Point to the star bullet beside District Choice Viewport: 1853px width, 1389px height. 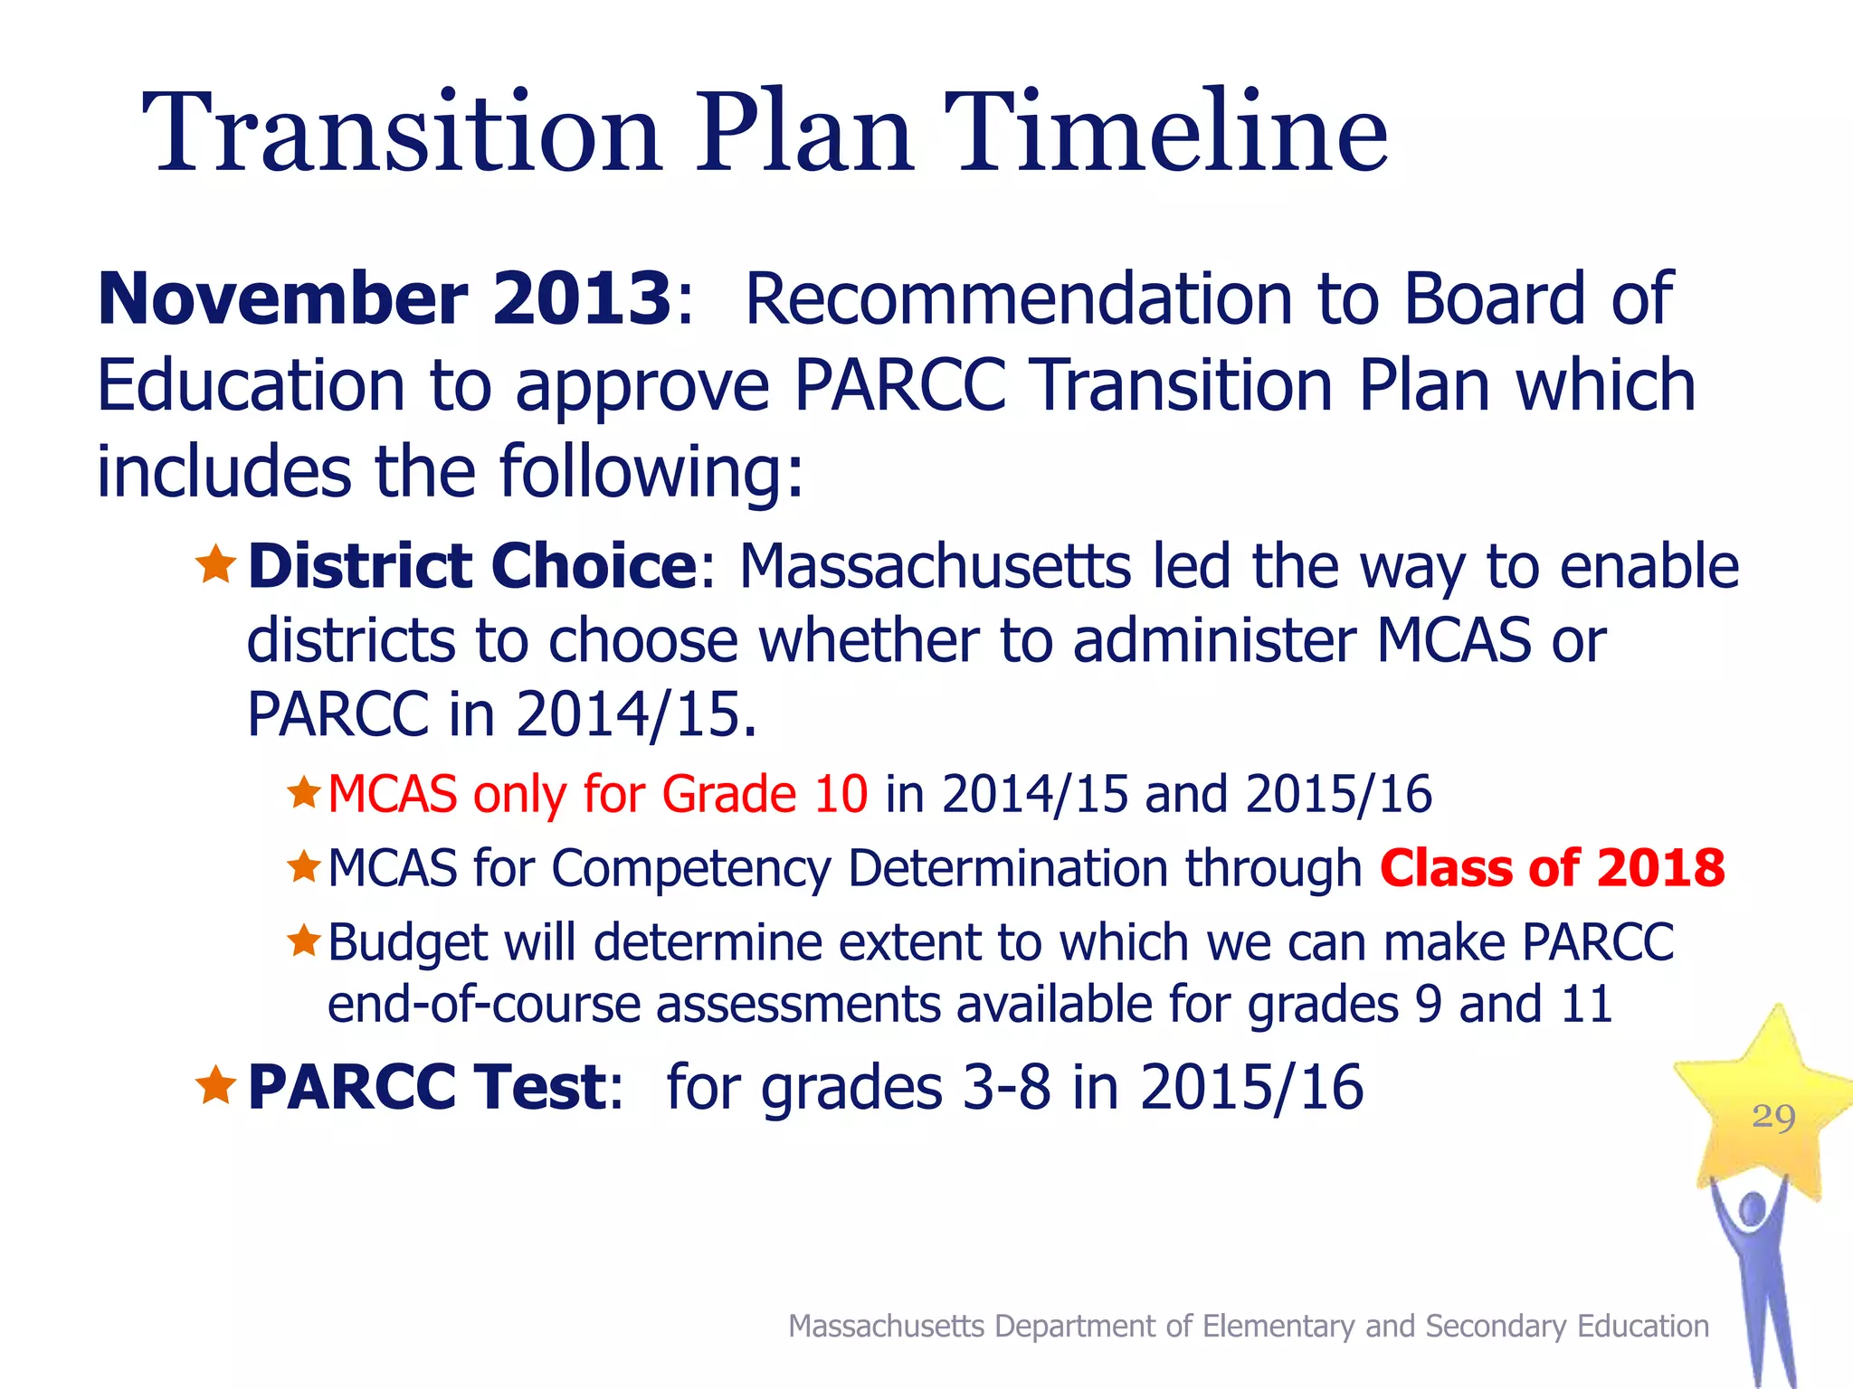click(x=215, y=565)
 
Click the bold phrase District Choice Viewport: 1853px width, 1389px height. click(x=471, y=567)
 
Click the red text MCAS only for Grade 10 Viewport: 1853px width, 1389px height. click(x=597, y=795)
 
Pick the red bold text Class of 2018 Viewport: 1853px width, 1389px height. click(x=1552, y=868)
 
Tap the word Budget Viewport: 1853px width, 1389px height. click(x=407, y=943)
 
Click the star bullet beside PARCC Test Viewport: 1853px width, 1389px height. click(x=215, y=1085)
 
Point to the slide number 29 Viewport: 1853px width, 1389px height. click(x=1773, y=1117)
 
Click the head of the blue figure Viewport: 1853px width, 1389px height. click(x=1753, y=1210)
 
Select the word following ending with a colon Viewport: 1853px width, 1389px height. click(x=651, y=472)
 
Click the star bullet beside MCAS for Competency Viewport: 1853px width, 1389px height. click(x=304, y=867)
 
